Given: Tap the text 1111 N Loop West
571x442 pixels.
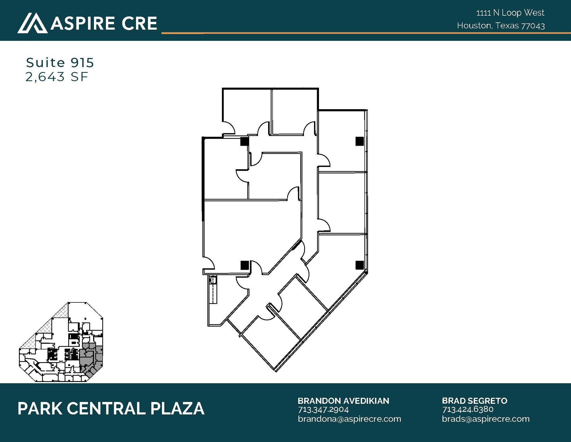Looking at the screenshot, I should click(510, 13).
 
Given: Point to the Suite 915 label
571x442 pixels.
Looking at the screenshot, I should click(60, 63).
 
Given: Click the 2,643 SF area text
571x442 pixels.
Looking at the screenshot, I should click(57, 77).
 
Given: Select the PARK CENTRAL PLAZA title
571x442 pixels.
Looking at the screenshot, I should click(111, 408).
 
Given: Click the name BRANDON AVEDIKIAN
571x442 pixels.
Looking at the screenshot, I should click(343, 401).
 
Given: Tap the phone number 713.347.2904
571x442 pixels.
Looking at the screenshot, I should click(323, 410).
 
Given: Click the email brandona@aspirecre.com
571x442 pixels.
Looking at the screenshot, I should click(349, 419).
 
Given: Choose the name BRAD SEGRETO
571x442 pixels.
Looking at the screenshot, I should click(474, 401).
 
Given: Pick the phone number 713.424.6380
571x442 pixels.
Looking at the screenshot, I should click(468, 409).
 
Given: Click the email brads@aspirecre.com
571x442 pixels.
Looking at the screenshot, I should click(485, 419).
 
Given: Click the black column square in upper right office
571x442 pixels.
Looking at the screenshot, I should click(359, 141).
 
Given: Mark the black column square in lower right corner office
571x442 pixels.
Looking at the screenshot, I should click(359, 265).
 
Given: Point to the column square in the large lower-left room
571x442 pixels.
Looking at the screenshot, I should click(245, 265).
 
